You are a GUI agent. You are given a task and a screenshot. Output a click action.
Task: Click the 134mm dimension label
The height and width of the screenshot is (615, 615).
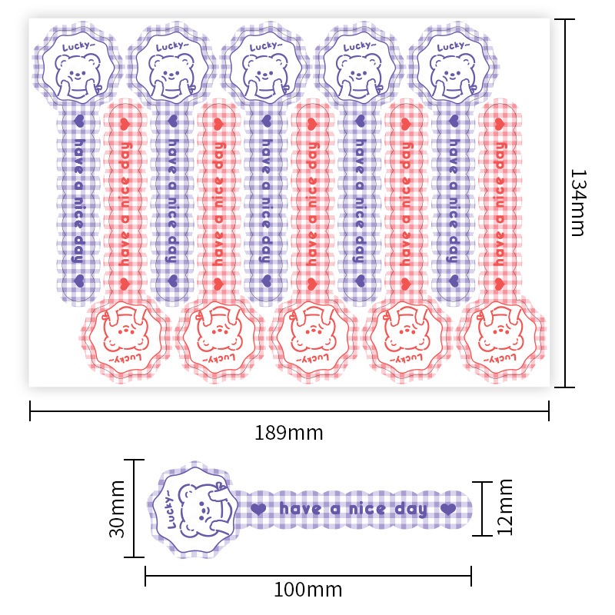[578, 203]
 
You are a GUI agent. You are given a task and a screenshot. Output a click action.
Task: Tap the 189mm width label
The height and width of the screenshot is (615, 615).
[289, 433]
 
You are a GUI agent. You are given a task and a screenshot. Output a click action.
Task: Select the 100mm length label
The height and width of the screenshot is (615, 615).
[308, 590]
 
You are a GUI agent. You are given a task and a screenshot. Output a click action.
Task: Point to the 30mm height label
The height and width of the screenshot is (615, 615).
[117, 509]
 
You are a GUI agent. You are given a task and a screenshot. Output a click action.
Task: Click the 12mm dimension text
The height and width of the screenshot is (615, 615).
[505, 507]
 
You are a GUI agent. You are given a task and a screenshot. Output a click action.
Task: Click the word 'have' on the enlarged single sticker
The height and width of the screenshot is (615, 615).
[301, 509]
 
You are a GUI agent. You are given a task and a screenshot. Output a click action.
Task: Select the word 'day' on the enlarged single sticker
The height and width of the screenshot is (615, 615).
[411, 510]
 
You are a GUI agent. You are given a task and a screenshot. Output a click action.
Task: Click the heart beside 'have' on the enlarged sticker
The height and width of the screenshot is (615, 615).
[258, 509]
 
